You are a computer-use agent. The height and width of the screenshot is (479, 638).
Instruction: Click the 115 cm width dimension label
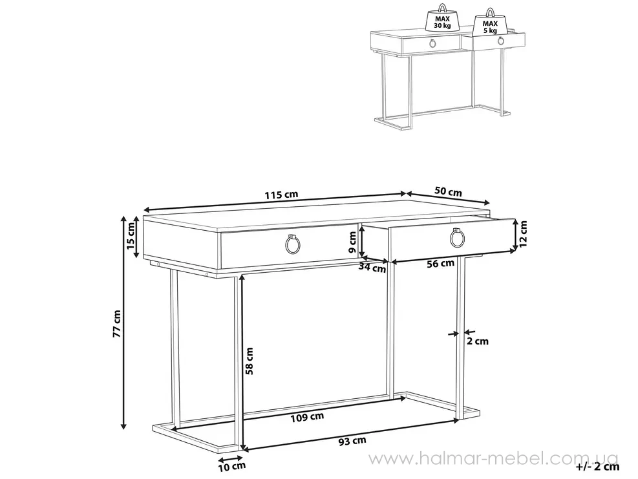click(x=282, y=195)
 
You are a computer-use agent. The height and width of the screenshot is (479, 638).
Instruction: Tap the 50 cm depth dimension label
click(x=449, y=191)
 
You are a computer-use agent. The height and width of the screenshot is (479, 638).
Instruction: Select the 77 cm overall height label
click(x=117, y=324)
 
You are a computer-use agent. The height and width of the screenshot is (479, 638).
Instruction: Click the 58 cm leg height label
click(x=249, y=361)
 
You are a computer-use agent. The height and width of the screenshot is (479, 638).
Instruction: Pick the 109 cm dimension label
click(x=307, y=417)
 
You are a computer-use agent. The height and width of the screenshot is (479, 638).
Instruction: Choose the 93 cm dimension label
click(x=352, y=441)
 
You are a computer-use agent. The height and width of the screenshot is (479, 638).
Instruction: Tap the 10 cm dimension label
click(x=232, y=466)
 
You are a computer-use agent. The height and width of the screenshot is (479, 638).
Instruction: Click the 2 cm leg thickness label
click(x=477, y=341)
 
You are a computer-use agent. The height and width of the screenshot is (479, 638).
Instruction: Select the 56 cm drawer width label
click(x=440, y=264)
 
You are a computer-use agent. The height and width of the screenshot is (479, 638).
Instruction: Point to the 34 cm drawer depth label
click(x=372, y=268)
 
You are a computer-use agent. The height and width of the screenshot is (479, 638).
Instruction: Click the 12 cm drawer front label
click(x=523, y=233)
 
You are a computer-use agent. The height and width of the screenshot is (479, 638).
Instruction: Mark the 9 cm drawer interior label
click(x=352, y=242)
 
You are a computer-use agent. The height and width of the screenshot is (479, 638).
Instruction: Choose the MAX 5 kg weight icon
click(x=490, y=24)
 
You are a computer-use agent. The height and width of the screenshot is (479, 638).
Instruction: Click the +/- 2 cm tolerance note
click(x=598, y=466)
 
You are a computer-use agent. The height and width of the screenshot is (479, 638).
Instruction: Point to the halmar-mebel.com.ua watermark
click(x=493, y=459)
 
